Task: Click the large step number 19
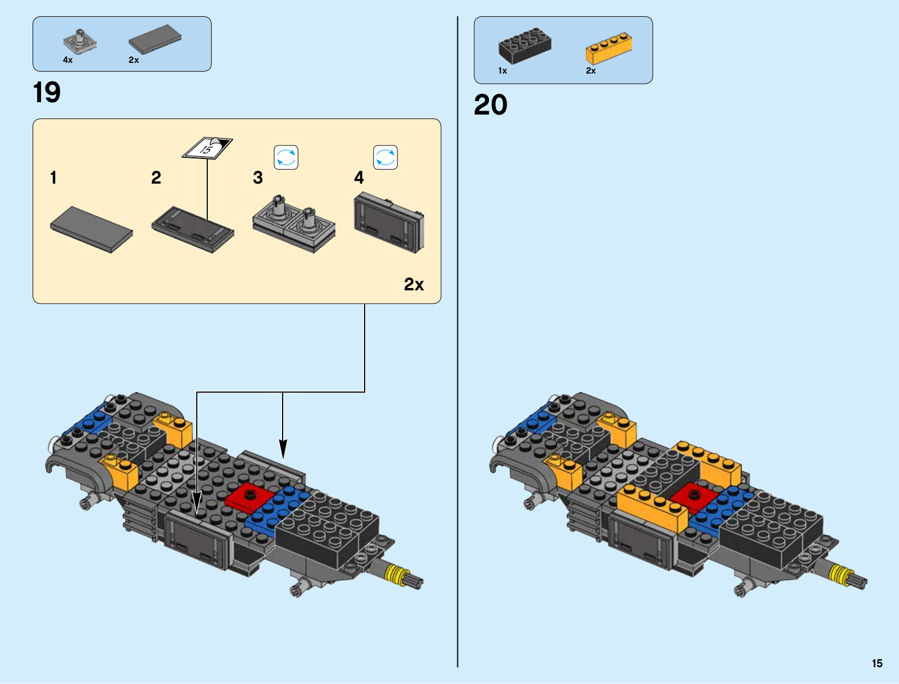tap(47, 92)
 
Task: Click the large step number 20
tap(491, 105)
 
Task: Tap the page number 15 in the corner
tap(877, 663)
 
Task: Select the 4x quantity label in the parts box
tap(67, 60)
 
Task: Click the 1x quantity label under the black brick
tap(502, 71)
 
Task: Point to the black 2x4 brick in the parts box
tap(525, 45)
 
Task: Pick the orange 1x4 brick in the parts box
tap(609, 48)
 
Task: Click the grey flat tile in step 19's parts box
tap(155, 39)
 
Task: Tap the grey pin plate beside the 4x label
tap(80, 42)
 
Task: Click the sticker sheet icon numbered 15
tap(207, 148)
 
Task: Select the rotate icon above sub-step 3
tap(286, 157)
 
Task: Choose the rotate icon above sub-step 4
tap(385, 157)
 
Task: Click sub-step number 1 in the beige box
tap(53, 177)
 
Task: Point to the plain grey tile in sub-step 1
tap(92, 229)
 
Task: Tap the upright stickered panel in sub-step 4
tap(389, 223)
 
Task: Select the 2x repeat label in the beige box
tap(414, 284)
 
